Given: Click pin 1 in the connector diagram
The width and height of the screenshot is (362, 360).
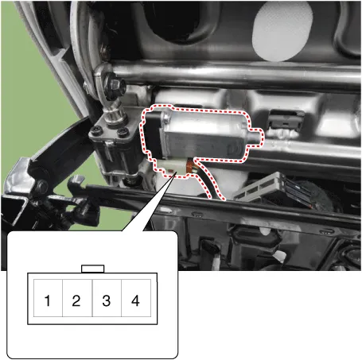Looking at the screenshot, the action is pyautogui.click(x=48, y=298).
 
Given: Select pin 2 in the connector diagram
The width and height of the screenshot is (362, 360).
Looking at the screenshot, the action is pyautogui.click(x=77, y=298).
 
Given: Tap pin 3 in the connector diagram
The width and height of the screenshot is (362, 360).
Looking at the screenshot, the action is pyautogui.click(x=107, y=298).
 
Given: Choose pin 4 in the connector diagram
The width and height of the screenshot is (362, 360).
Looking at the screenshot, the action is pyautogui.click(x=136, y=298).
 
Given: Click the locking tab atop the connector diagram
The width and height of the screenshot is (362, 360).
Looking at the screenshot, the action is pyautogui.click(x=92, y=269).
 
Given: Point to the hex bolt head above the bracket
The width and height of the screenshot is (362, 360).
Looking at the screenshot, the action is pyautogui.click(x=115, y=85).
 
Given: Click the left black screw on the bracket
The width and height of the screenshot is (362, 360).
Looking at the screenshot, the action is pyautogui.click(x=95, y=130).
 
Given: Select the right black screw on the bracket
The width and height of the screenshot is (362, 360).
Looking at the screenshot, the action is pyautogui.click(x=123, y=131).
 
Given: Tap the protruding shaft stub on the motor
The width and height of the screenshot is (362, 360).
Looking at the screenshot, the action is pyautogui.click(x=255, y=137).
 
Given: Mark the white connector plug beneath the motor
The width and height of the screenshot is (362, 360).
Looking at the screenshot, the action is pyautogui.click(x=170, y=168).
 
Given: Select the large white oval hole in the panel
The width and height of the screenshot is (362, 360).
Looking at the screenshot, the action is pyautogui.click(x=282, y=31).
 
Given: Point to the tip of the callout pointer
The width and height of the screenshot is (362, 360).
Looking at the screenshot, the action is pyautogui.click(x=175, y=172).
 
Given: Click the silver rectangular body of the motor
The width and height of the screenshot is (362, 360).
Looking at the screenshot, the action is pyautogui.click(x=205, y=136).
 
